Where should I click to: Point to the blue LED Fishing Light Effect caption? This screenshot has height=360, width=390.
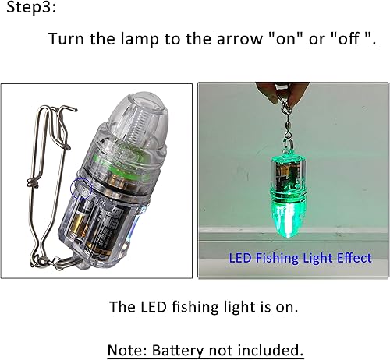click(300, 257)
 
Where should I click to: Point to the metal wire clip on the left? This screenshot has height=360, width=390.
click(40, 187)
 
